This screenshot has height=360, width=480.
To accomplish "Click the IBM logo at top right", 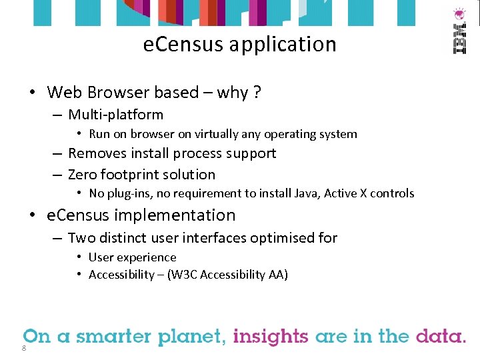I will (459, 32).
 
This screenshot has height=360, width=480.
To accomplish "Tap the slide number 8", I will (24, 348).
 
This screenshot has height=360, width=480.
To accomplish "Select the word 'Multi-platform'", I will (115, 115).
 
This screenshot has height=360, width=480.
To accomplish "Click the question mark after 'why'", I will (257, 93).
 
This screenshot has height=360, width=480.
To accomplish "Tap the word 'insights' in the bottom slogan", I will (271, 336).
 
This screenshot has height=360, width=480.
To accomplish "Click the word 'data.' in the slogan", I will (441, 336).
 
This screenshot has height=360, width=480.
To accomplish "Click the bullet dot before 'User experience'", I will (79, 257).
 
